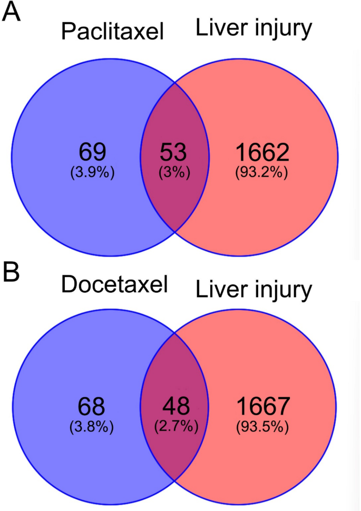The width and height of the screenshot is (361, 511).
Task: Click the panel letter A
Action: point(11,12)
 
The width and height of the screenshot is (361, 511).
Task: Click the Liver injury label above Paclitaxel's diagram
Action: point(253,29)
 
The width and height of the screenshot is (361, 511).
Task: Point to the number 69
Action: point(93,152)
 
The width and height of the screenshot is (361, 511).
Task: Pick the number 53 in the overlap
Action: point(173,152)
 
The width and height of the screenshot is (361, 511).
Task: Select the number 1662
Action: point(262,152)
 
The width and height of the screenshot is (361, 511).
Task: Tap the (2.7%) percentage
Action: point(173,427)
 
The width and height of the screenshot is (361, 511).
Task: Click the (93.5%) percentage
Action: point(262,427)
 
